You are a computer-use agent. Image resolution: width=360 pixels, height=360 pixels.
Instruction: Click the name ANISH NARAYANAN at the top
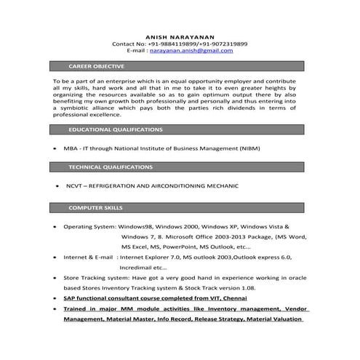(x=180, y=36)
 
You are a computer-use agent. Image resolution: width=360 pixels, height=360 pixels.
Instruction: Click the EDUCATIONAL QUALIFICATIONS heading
(x=115, y=129)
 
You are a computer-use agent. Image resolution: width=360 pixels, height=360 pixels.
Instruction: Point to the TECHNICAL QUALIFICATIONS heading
(x=110, y=167)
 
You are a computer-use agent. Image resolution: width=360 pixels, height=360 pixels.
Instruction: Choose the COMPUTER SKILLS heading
(x=95, y=208)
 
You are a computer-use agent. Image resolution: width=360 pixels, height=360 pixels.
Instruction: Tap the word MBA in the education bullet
(x=71, y=148)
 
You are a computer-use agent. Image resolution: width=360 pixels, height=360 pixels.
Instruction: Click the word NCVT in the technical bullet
(x=74, y=186)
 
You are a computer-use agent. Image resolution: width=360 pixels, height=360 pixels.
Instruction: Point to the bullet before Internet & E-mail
(x=55, y=258)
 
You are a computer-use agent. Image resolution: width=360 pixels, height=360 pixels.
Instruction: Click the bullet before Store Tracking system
(x=55, y=278)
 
